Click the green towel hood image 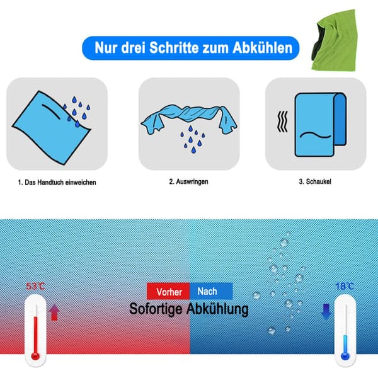click(335, 40)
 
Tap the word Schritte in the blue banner click(174, 47)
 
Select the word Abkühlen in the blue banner click(262, 47)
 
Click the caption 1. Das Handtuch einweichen click(57, 182)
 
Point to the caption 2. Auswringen click(188, 181)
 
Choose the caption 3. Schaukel click(315, 181)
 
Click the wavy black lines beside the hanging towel click(282, 122)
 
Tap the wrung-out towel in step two click(189, 118)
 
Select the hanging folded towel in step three click(321, 124)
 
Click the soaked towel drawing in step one click(51, 128)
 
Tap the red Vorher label click(168, 292)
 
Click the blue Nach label click(211, 291)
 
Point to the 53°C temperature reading click(35, 287)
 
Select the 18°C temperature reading click(345, 287)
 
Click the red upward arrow click(54, 312)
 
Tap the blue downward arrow click(326, 311)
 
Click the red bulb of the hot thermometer click(35, 355)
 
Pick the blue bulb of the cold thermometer click(345, 355)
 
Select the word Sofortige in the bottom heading click(156, 309)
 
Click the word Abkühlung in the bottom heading click(217, 309)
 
